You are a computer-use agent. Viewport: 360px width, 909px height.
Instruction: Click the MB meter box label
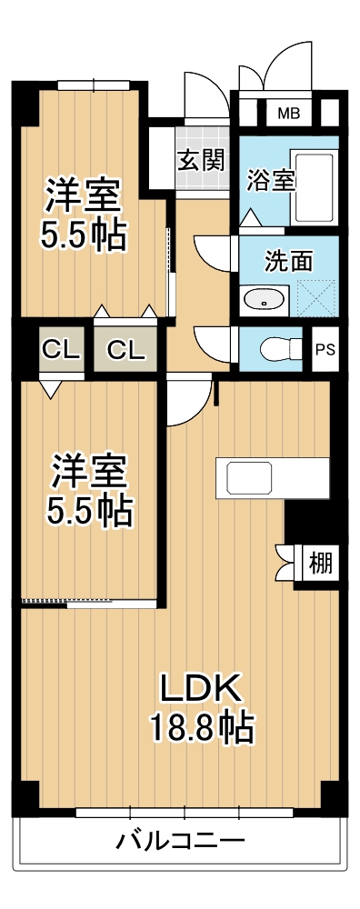pos(288,114)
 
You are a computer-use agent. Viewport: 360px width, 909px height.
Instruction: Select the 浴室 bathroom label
pos(270,179)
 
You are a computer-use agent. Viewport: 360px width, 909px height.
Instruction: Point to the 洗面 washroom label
pos(288,262)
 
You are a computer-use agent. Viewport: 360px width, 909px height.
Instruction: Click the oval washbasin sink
pos(265,298)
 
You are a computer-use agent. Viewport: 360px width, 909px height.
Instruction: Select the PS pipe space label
pos(324,349)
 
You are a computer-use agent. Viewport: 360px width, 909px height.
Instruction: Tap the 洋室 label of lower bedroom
pos(89,470)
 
